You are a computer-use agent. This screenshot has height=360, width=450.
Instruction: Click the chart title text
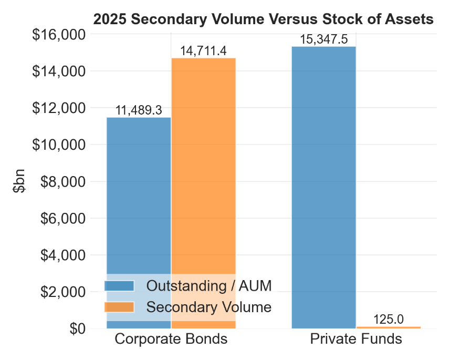263,19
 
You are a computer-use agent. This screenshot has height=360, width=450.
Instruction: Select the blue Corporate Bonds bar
139,200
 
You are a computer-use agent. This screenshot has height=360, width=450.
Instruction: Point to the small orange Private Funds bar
388,327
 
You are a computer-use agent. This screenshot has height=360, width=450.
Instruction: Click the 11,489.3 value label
139,110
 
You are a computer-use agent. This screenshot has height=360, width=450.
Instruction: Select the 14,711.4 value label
203,51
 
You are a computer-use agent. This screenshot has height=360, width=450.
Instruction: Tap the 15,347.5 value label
323,39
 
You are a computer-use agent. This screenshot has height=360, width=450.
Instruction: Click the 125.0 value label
388,319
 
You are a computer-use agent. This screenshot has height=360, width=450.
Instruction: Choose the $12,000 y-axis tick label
59,108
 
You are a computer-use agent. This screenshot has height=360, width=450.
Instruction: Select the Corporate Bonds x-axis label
171,339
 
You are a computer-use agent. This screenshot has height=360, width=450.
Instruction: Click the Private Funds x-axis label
356,339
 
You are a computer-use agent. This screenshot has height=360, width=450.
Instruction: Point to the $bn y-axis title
20,181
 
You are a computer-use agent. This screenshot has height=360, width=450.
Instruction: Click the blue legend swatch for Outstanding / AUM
120,286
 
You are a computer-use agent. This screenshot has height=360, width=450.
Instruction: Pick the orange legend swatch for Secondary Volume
120,307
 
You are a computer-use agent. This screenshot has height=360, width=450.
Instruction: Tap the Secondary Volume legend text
209,307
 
